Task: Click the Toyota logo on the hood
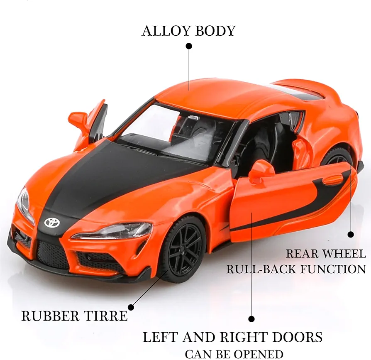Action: (x=52, y=222)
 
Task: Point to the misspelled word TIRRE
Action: (x=106, y=316)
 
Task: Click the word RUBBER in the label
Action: (x=50, y=316)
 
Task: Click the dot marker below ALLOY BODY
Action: (x=189, y=46)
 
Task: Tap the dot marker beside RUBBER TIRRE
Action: (x=131, y=307)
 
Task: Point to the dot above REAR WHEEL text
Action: (x=351, y=234)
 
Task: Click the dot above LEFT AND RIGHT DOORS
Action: (x=251, y=319)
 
